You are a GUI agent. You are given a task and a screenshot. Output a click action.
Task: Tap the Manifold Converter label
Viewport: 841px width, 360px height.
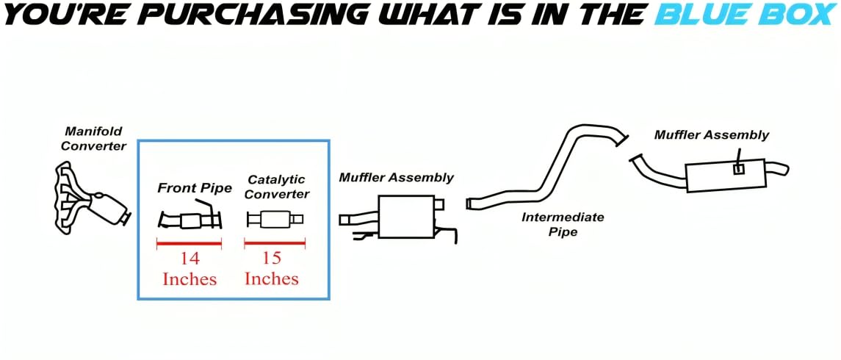click(x=93, y=139)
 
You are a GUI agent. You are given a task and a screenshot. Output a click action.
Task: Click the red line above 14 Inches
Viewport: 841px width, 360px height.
click(x=189, y=243)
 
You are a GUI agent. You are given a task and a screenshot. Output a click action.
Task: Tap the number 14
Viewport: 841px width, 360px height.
click(x=190, y=259)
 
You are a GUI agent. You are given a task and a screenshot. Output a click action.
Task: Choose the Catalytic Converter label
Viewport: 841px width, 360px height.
click(x=276, y=187)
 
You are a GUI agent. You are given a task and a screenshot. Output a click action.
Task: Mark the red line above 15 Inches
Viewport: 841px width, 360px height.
click(x=275, y=243)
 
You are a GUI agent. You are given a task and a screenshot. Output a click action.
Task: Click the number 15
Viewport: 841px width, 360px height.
click(x=272, y=259)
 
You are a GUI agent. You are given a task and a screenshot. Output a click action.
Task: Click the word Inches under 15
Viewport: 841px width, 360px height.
click(x=272, y=279)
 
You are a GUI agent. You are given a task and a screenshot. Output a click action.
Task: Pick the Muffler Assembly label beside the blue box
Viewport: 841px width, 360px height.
click(x=396, y=178)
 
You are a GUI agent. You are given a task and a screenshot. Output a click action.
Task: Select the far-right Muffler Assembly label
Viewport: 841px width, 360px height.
click(x=712, y=135)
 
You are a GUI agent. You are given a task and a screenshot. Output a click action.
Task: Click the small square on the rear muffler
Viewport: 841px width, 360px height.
click(x=739, y=169)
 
